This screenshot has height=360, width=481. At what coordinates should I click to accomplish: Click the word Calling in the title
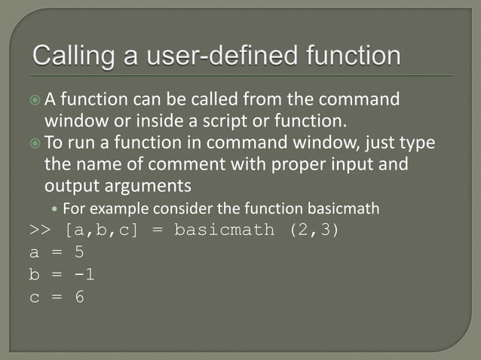(x=72, y=56)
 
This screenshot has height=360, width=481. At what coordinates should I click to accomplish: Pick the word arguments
(x=142, y=185)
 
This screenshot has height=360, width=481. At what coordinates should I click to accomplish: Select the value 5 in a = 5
(x=79, y=253)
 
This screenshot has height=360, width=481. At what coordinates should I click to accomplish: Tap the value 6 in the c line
(x=79, y=297)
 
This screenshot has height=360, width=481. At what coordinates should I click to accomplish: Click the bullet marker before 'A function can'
(x=35, y=99)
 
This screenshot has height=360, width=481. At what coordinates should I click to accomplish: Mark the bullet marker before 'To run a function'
(x=35, y=142)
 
